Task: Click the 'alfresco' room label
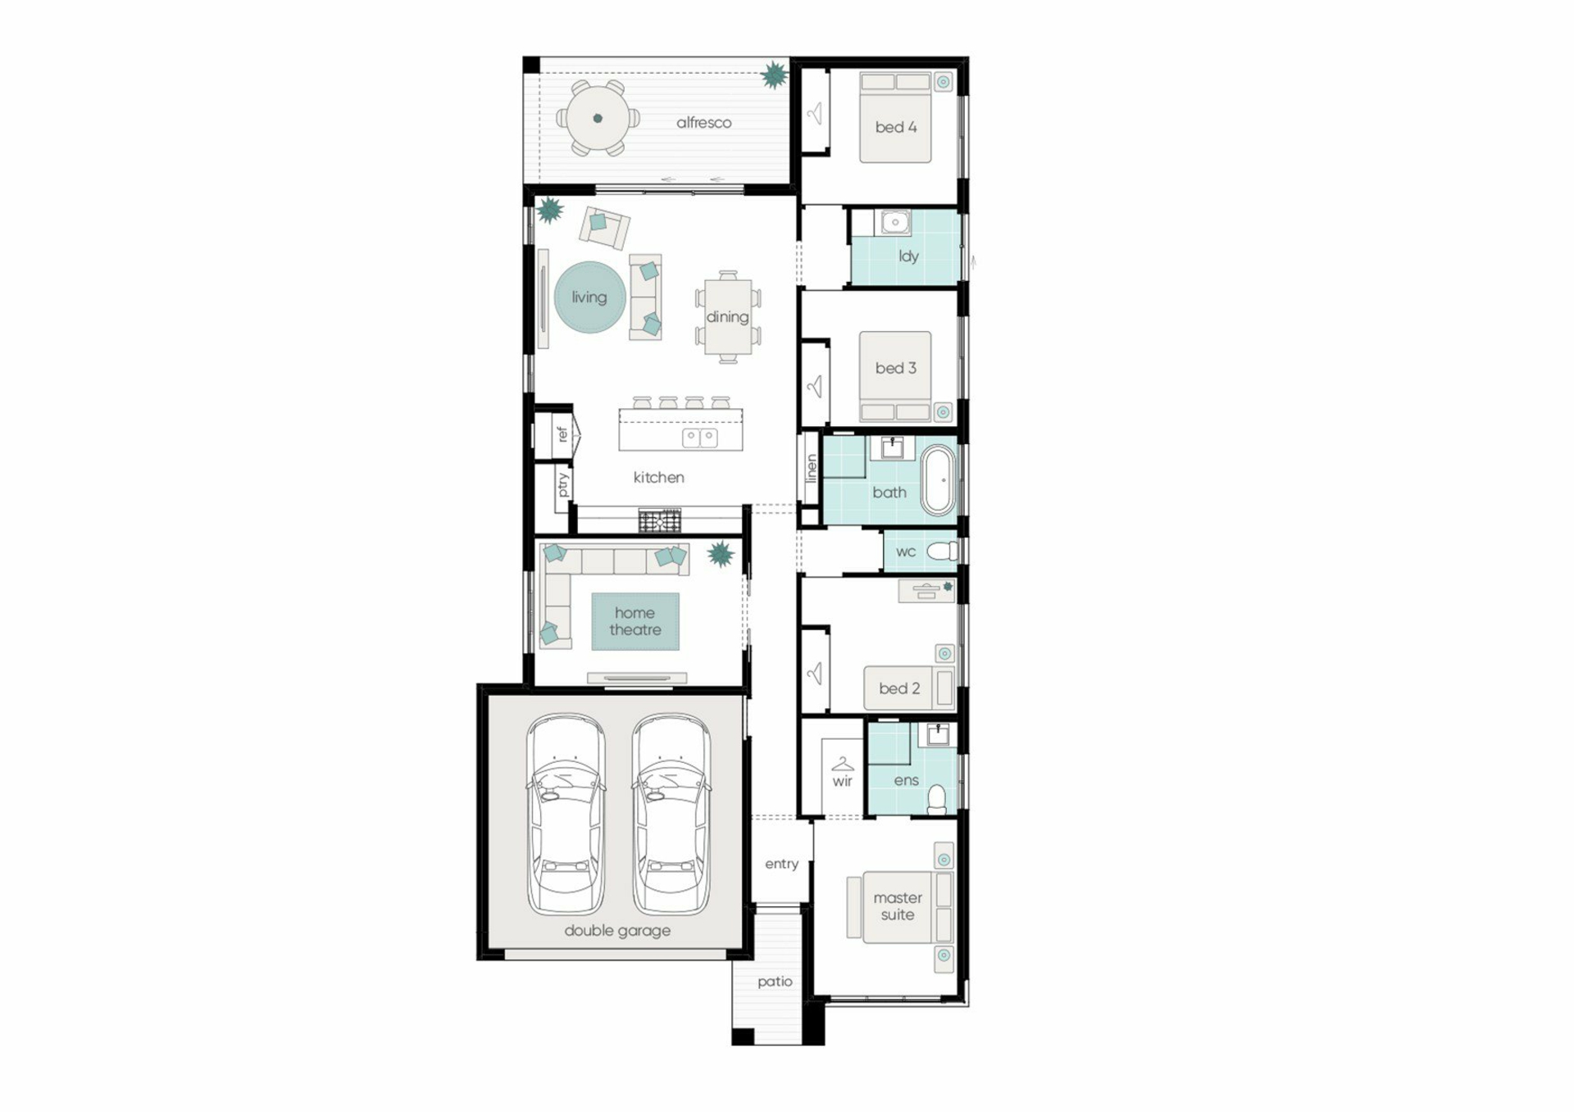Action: click(x=703, y=123)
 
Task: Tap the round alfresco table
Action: click(x=598, y=118)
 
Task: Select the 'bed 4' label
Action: click(x=895, y=127)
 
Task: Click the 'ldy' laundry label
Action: click(x=908, y=256)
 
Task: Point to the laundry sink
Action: click(x=895, y=221)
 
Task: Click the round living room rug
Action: click(x=589, y=297)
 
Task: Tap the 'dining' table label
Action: click(x=727, y=317)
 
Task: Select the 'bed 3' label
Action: click(x=895, y=368)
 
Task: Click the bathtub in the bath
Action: click(x=939, y=480)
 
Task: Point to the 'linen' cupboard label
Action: click(x=812, y=468)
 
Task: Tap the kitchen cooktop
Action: click(x=659, y=520)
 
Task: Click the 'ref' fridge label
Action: click(x=562, y=433)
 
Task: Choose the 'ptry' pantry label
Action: click(x=563, y=484)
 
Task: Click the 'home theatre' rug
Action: click(x=635, y=621)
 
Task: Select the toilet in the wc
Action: click(x=942, y=551)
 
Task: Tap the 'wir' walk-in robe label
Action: click(x=843, y=781)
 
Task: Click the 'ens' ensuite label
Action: click(x=906, y=780)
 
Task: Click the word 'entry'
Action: click(x=781, y=864)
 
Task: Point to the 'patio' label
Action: click(x=775, y=982)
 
